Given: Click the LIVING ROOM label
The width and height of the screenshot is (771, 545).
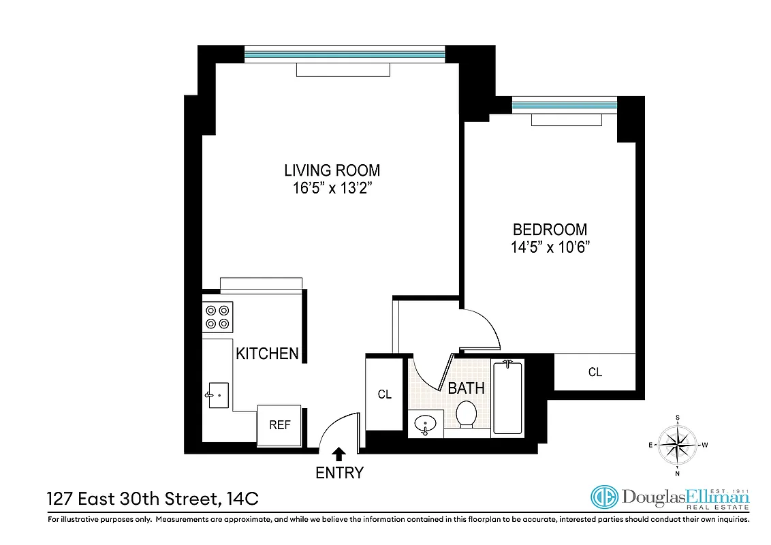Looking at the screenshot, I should [332, 170].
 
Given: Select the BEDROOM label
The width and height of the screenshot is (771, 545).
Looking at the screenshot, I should [550, 230].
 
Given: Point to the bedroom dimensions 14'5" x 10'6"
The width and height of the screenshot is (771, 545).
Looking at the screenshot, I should [550, 247].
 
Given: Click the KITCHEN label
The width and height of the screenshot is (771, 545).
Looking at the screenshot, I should [267, 353].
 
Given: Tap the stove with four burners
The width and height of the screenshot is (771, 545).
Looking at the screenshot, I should [218, 316].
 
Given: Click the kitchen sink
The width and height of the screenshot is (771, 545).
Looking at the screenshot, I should [219, 395].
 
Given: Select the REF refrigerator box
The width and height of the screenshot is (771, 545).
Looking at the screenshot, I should [280, 425].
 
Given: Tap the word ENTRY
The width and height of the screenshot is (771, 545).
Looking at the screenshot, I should [339, 473].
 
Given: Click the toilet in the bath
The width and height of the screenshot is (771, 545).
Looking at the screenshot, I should [467, 414].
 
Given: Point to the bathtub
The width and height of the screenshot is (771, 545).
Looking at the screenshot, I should [507, 398].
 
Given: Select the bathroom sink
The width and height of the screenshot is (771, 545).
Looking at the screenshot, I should [426, 424].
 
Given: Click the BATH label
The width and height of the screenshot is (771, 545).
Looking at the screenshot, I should [466, 388].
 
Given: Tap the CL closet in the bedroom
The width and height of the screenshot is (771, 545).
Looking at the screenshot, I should [595, 372].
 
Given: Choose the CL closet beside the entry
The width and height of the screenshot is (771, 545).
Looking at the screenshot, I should [385, 394].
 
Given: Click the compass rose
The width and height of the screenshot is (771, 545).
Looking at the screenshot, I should [678, 446].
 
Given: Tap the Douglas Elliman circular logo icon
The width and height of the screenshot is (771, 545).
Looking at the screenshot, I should [603, 498].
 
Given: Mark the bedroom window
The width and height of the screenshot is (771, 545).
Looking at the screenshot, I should [564, 105].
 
